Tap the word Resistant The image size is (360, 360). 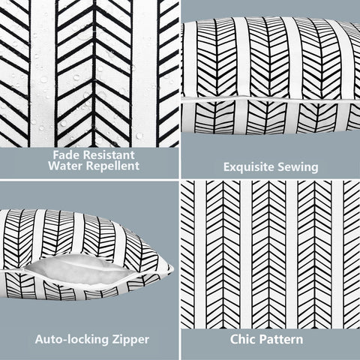point(109,155)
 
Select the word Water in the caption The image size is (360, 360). point(66,166)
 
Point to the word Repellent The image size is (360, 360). point(112,166)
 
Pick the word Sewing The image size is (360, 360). point(298,168)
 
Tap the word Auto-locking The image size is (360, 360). point(72,340)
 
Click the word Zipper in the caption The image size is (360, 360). point(130,340)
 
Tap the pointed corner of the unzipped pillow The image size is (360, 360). point(172,267)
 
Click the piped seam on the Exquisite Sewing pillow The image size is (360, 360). point(271,100)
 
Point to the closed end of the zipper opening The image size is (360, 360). point(25,270)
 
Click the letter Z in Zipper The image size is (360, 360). point(115,340)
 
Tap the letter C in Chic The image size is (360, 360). point(234,340)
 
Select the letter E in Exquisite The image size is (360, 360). point(226,167)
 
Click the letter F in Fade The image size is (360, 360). point(56,155)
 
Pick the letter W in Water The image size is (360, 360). point(54,166)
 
